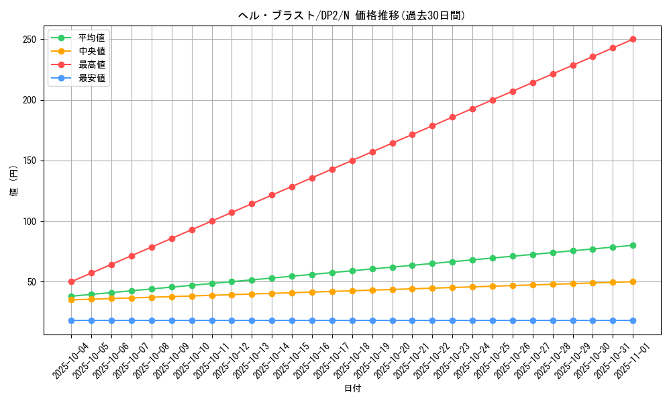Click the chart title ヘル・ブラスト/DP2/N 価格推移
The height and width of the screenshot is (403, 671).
point(352,15)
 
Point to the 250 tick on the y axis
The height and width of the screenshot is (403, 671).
point(30,40)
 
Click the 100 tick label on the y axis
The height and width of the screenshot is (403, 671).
point(30,221)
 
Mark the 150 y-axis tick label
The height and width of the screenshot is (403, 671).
point(30,161)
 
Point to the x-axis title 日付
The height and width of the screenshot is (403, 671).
point(352,389)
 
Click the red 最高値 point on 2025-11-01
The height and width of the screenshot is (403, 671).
point(633,40)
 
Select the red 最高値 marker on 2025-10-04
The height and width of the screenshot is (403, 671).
point(71,281)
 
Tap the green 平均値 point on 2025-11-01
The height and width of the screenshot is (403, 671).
point(633,245)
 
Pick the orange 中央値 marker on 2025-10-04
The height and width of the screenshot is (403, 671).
point(71,300)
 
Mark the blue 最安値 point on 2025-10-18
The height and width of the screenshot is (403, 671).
point(352,320)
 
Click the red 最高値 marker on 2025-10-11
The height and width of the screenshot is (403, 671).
point(212,221)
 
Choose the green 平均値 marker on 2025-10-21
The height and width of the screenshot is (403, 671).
point(412,265)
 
